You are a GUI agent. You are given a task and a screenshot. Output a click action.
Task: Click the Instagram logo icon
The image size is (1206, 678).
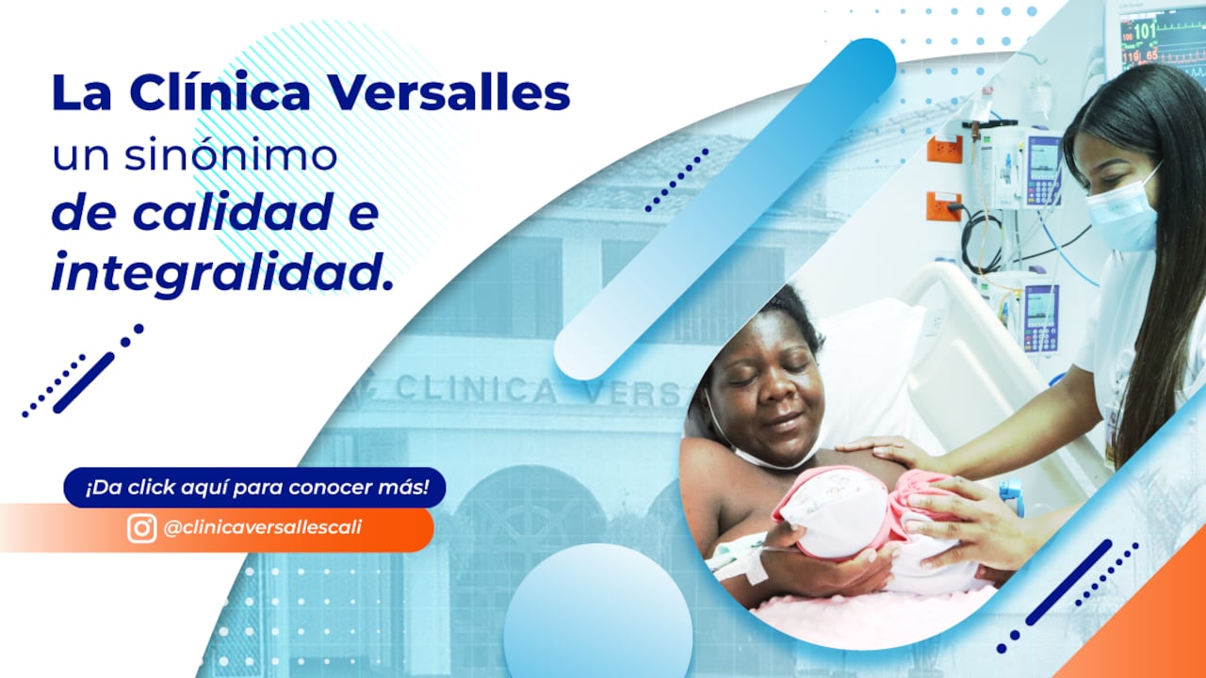pyautogui.click(x=142, y=528)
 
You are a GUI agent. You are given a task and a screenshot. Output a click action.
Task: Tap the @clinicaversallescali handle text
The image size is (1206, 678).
pyautogui.click(x=262, y=528)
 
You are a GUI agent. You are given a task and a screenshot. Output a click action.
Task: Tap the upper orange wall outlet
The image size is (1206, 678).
pyautogui.click(x=943, y=149)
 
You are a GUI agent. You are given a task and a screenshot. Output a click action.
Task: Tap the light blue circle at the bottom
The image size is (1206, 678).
pyautogui.click(x=597, y=612)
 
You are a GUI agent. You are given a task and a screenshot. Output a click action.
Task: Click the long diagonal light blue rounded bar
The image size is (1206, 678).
pyautogui.click(x=725, y=207)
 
